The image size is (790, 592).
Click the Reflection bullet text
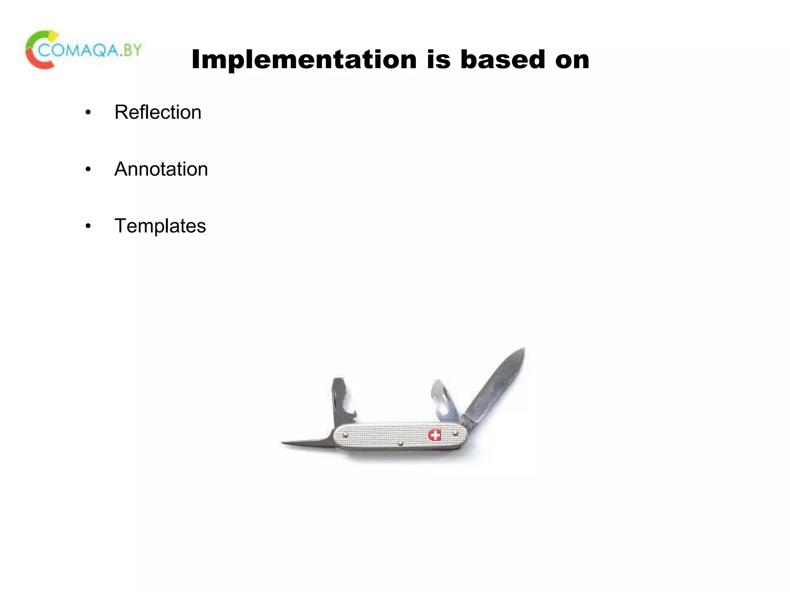(x=158, y=113)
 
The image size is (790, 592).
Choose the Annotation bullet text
(x=161, y=169)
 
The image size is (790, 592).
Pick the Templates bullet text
(x=160, y=226)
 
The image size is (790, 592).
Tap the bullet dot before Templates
(x=88, y=226)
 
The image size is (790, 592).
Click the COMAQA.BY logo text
(x=90, y=50)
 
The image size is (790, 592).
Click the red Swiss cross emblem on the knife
(x=435, y=436)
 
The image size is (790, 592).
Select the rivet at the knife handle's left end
(x=346, y=435)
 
